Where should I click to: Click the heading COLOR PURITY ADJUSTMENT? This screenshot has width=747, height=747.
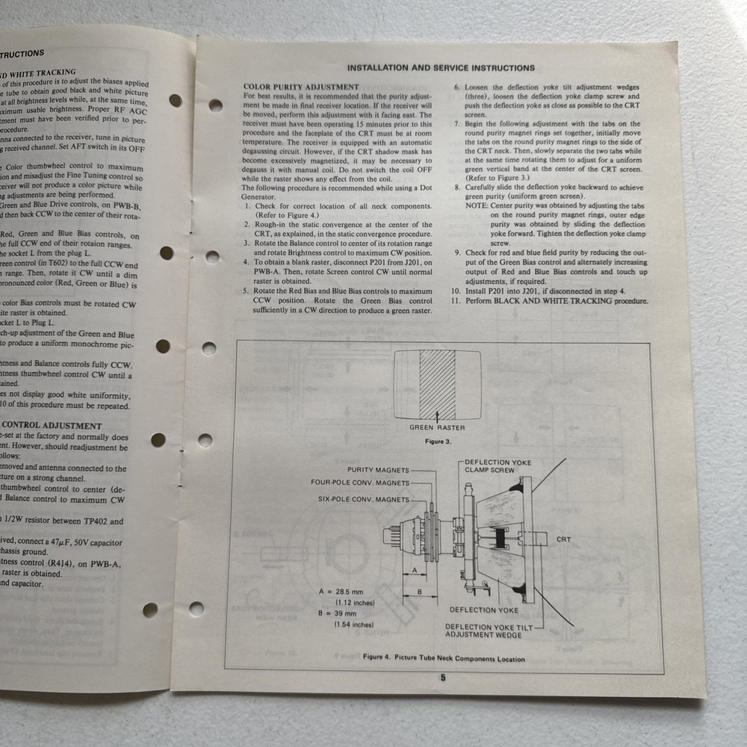click(301, 87)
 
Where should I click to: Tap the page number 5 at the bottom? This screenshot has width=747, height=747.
click(442, 678)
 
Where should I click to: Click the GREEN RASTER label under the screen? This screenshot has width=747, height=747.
click(437, 428)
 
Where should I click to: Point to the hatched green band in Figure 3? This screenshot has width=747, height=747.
click(437, 385)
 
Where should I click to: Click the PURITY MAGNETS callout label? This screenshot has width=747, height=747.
click(378, 470)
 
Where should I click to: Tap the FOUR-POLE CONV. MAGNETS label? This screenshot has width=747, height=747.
click(360, 483)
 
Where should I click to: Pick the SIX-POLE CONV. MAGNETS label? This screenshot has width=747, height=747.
click(364, 498)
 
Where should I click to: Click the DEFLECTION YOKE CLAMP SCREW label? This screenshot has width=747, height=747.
click(498, 466)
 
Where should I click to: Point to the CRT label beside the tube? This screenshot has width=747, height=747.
click(563, 539)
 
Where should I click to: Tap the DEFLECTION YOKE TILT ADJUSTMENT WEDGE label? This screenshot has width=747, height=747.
click(489, 631)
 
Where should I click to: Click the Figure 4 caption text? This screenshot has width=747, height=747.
click(443, 658)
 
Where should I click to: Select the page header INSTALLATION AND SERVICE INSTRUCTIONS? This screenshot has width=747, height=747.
click(441, 68)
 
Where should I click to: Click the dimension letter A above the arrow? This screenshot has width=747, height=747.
click(414, 570)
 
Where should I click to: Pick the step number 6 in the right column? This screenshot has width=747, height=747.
click(457, 87)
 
